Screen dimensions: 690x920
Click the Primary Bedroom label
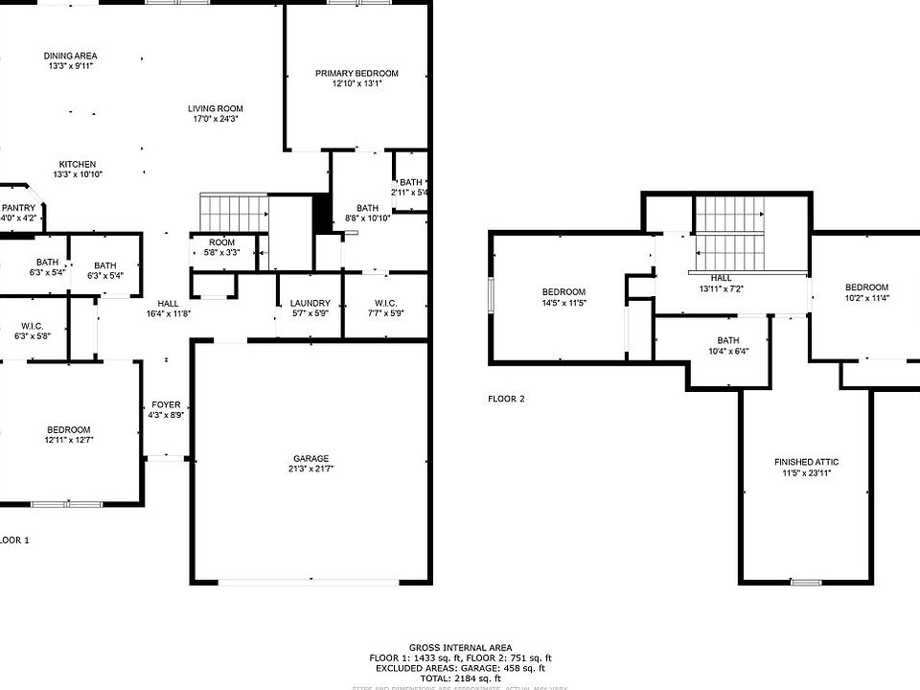pyautogui.click(x=356, y=74)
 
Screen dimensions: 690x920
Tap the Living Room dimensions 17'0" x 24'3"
pyautogui.click(x=215, y=120)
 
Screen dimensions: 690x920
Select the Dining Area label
pyautogui.click(x=70, y=56)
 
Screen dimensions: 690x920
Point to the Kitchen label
pyautogui.click(x=77, y=164)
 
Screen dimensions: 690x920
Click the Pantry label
pyautogui.click(x=19, y=208)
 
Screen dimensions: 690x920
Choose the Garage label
pyautogui.click(x=311, y=458)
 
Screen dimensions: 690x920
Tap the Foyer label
pyautogui.click(x=166, y=404)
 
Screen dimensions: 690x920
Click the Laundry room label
pyautogui.click(x=310, y=304)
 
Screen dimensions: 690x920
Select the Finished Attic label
pyautogui.click(x=806, y=463)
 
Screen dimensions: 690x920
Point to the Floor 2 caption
pyautogui.click(x=506, y=399)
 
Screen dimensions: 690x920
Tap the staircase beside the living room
pyautogui.click(x=232, y=209)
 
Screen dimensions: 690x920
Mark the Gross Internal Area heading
pyautogui.click(x=460, y=648)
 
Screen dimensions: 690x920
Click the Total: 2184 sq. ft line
pyautogui.click(x=460, y=678)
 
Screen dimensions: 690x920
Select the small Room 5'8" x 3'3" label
pyautogui.click(x=221, y=242)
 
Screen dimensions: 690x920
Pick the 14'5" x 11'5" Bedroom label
pyautogui.click(x=563, y=292)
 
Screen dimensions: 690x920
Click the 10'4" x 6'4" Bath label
pyautogui.click(x=728, y=340)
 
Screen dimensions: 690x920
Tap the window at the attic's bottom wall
pyautogui.click(x=806, y=583)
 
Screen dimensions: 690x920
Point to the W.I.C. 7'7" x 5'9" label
pyautogui.click(x=385, y=304)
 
